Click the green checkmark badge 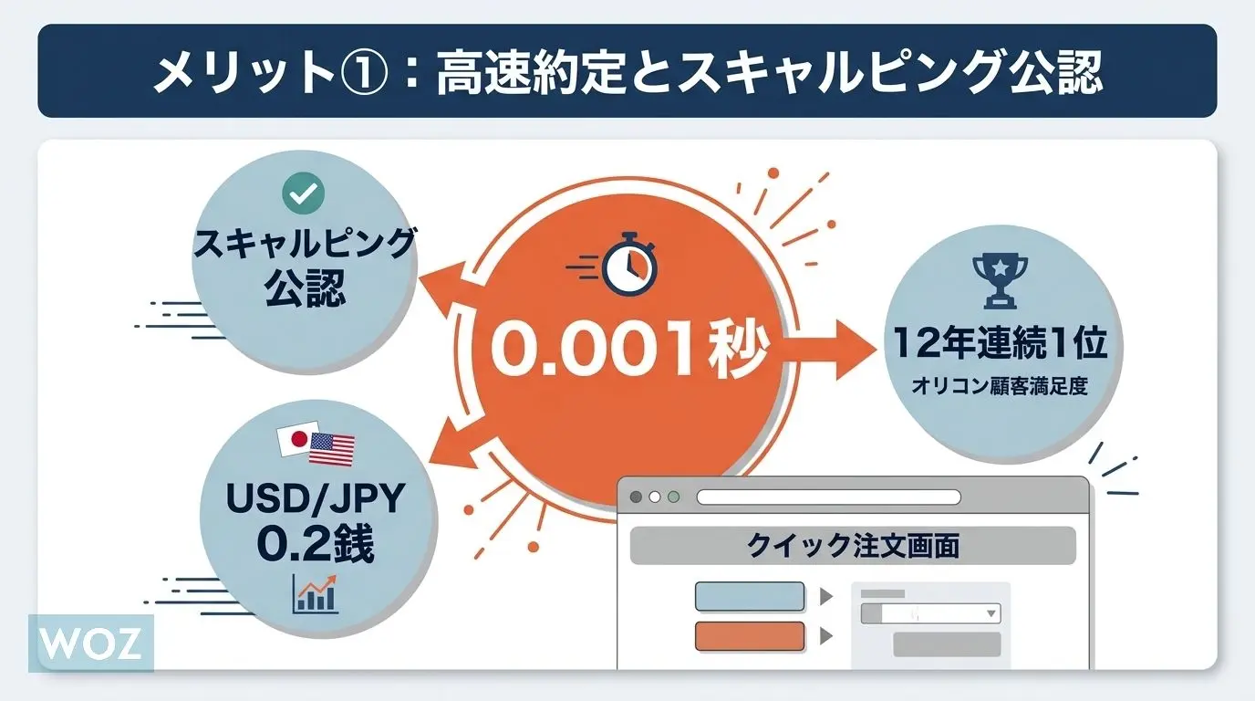303,193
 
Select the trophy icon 1000,281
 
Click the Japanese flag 297,438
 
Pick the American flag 332,449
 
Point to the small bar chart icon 315,594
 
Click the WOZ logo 91,643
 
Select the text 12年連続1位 1000,342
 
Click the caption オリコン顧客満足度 1000,386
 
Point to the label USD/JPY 316,498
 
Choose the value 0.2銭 316,545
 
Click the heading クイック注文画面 853,545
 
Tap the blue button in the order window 750,596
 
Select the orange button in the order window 750,636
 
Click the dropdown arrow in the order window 991,613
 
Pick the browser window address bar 829,497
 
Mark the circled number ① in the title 364,72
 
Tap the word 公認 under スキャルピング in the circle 306,288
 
